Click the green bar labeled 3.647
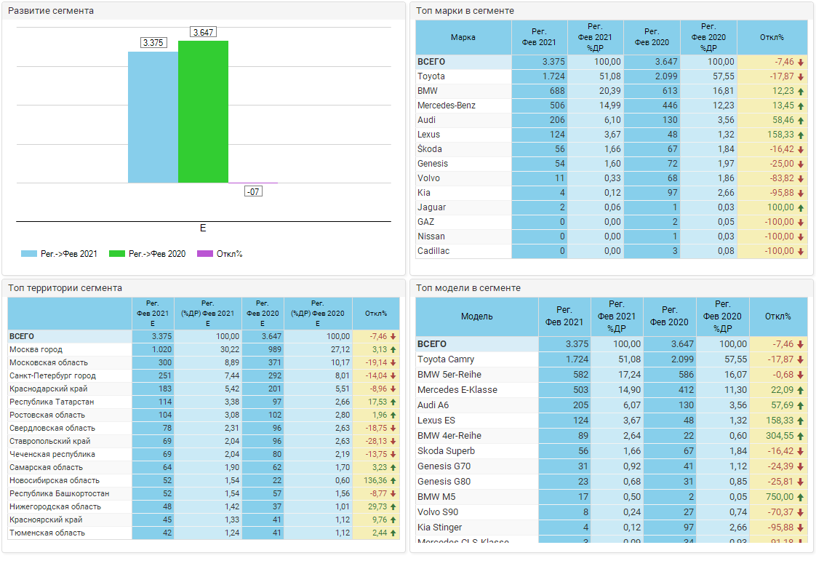click(x=203, y=111)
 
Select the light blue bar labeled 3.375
click(x=153, y=116)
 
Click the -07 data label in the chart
click(x=253, y=191)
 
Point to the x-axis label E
click(x=203, y=228)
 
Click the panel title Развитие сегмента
click(x=51, y=11)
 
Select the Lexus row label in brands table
click(x=429, y=135)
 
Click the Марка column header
click(x=463, y=37)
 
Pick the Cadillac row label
click(x=433, y=251)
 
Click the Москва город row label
click(x=36, y=350)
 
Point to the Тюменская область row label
click(x=47, y=533)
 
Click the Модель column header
click(x=476, y=317)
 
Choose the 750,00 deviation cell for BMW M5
click(x=778, y=497)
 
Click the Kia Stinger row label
click(x=440, y=528)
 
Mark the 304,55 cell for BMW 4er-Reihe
click(x=778, y=436)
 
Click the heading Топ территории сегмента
click(x=65, y=288)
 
